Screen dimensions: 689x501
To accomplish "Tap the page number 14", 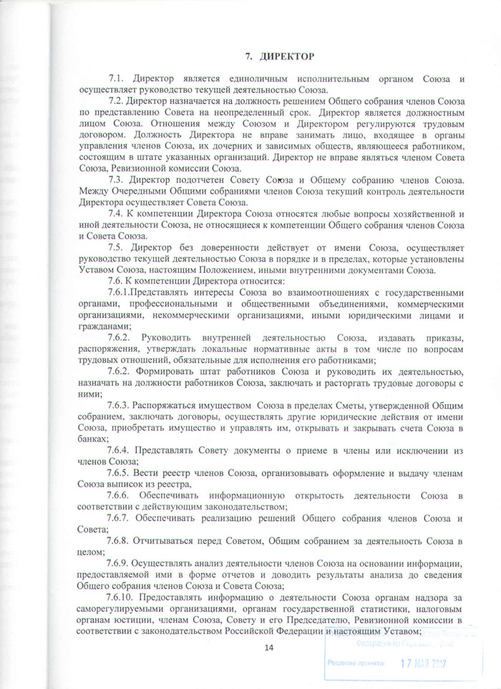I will [269, 648].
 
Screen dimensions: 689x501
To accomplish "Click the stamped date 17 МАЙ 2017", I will [422, 663].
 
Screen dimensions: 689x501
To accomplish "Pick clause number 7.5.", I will [117, 247].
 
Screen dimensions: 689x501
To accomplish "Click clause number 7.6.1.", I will [120, 294].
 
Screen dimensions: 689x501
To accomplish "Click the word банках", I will [94, 439].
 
